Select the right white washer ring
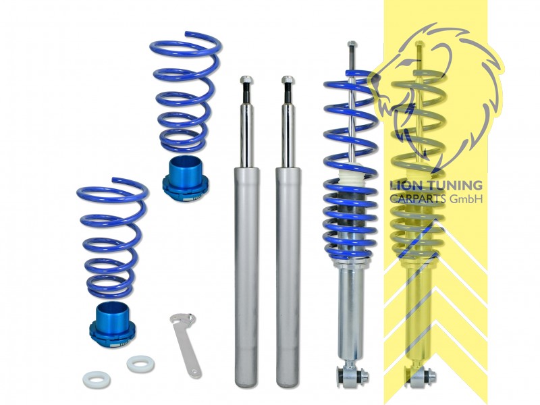[140, 363]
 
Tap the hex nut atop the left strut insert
[246, 81]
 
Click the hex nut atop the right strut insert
[288, 81]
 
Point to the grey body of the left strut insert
[246, 270]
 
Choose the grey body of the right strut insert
[288, 270]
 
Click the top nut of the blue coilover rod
[352, 46]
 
